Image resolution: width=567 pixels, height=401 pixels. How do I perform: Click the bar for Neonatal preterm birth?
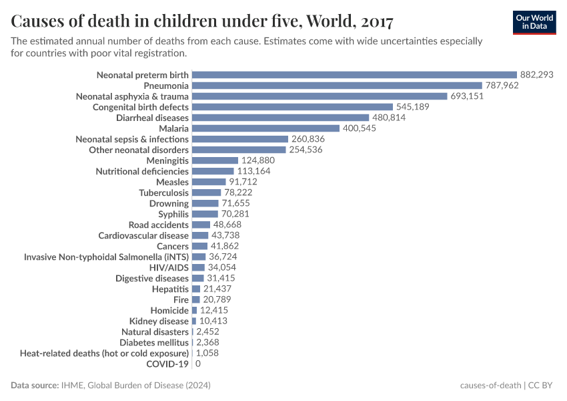coord(354,75)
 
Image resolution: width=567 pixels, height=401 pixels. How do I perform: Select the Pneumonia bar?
coord(337,86)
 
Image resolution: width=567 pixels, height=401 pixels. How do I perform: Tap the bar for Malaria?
coord(265,128)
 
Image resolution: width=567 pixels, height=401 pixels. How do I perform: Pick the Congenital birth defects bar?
coord(292,107)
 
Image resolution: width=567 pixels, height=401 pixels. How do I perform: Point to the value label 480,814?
coord(389,118)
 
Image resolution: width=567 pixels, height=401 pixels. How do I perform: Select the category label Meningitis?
coord(167,160)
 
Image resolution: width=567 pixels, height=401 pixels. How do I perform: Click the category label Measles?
coord(172,182)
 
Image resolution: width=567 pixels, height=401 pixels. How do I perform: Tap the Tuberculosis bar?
coord(206,192)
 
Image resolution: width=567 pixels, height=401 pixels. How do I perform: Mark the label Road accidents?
coord(159,225)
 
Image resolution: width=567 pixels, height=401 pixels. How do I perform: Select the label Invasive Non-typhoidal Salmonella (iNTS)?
coord(106,257)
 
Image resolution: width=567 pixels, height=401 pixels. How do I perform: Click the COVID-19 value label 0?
coord(198,364)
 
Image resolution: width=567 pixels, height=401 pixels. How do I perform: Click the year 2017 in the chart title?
coord(376,21)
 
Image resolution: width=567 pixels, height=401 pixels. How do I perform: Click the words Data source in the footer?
coord(35,386)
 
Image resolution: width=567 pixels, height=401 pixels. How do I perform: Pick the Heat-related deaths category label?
coord(105,353)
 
